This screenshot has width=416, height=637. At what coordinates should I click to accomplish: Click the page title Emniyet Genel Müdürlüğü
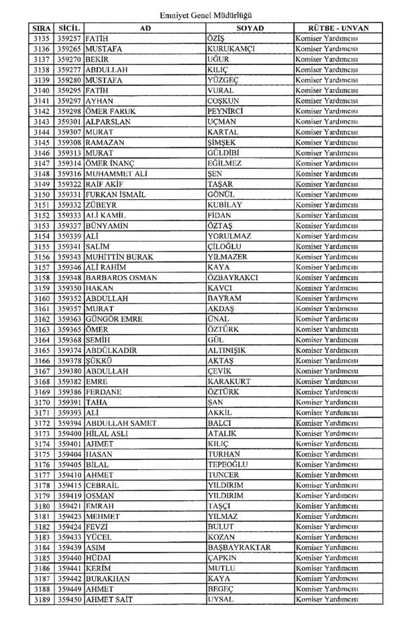[x=210, y=15]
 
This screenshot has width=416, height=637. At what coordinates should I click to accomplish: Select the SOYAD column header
[x=250, y=28]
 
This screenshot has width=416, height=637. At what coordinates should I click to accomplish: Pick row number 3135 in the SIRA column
[x=42, y=38]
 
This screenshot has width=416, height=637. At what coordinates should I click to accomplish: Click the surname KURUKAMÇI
[x=231, y=49]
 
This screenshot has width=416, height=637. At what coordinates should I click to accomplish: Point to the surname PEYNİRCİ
[x=225, y=111]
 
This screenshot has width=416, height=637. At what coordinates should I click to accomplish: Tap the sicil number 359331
[x=70, y=194]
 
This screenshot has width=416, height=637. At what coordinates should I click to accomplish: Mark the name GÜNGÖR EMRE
[x=113, y=320]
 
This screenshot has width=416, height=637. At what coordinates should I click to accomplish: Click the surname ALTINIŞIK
[x=227, y=351]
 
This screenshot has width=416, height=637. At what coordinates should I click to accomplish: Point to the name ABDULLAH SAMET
[x=121, y=424]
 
